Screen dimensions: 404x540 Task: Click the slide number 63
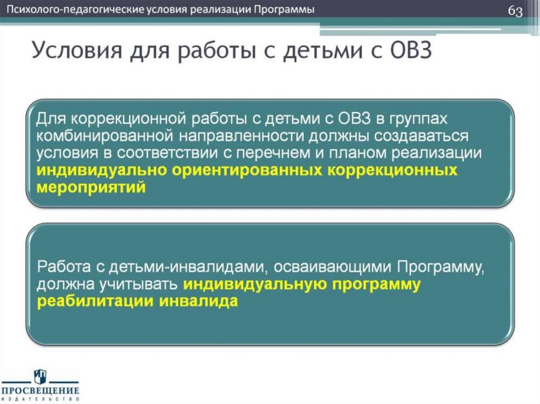[515, 12]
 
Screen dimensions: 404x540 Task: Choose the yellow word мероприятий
[90, 188]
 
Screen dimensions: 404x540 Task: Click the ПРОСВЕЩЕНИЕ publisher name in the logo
[40, 391]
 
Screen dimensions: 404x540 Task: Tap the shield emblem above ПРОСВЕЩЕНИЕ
[41, 376]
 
